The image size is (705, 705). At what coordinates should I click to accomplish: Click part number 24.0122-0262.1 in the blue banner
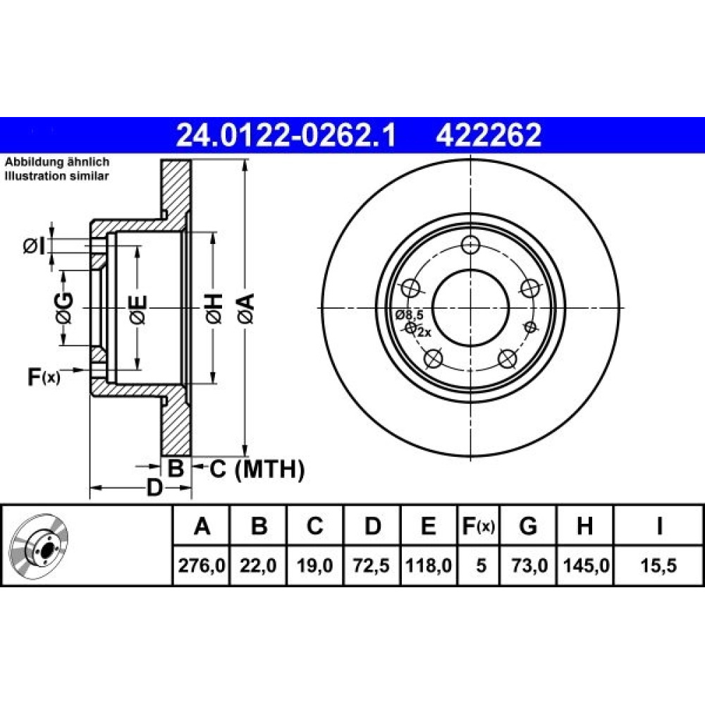point(286,135)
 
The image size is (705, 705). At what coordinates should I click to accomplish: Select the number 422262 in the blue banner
point(489,135)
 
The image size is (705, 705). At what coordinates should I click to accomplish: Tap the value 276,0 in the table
point(202,565)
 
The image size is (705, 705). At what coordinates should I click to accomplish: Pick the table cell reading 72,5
point(372,565)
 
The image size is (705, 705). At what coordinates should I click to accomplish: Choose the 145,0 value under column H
point(586,565)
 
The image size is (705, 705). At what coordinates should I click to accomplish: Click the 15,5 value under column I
point(658,565)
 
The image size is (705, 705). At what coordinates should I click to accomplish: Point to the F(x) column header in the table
point(479,526)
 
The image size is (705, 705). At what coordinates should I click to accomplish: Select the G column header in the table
point(528,526)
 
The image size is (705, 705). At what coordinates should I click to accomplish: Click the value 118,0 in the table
point(429,565)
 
